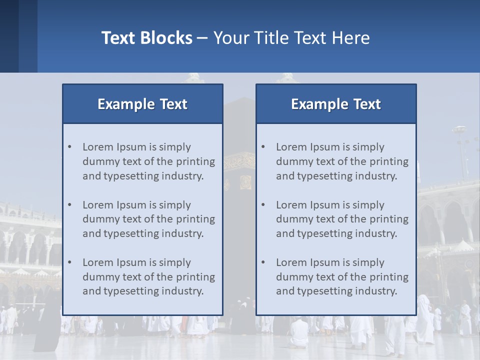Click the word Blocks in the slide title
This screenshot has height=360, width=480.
click(x=167, y=38)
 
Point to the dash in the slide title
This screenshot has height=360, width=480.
click(x=202, y=38)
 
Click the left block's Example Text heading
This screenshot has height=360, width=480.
click(x=142, y=104)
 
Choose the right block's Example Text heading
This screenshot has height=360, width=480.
click(x=336, y=104)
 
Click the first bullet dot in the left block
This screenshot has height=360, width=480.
click(x=69, y=147)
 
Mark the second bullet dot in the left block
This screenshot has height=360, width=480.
click(x=69, y=205)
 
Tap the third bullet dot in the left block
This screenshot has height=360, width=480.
click(x=69, y=262)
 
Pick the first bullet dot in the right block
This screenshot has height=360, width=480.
click(x=263, y=147)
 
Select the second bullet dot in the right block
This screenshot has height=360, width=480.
click(x=263, y=205)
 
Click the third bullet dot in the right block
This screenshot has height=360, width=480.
click(x=263, y=262)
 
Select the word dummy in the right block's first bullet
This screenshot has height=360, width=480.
click(x=293, y=161)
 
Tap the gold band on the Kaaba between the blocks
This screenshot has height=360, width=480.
click(x=239, y=161)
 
